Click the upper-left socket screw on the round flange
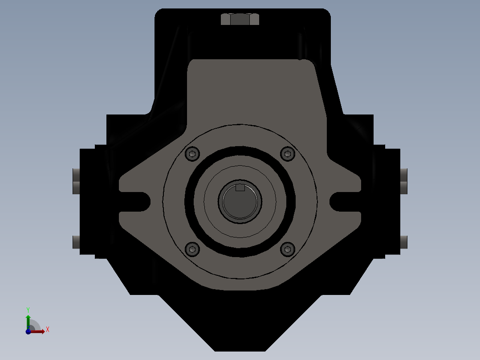[x=192, y=154]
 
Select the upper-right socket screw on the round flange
[x=288, y=154]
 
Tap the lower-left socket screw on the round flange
[x=192, y=249]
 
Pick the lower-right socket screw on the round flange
[x=288, y=249]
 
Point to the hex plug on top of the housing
[x=240, y=20]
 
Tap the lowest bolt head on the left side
[x=76, y=242]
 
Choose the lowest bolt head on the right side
[x=404, y=242]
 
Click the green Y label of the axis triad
[x=28, y=309]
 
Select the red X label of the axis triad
[x=47, y=330]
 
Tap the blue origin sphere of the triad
[x=28, y=331]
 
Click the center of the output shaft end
[x=240, y=202]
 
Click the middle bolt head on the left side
[x=76, y=187]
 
